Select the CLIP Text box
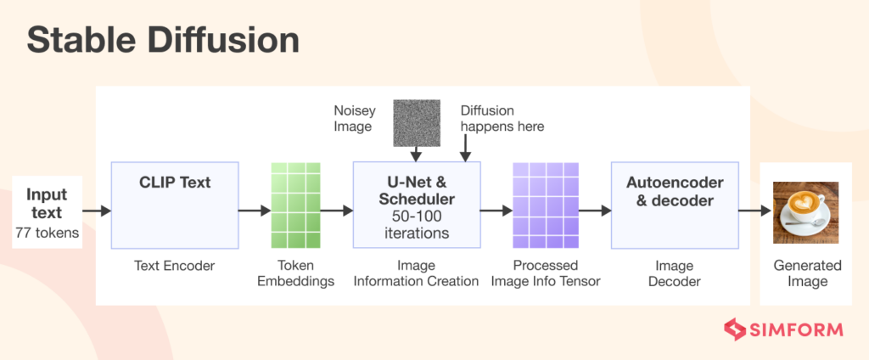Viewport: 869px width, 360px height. (x=175, y=205)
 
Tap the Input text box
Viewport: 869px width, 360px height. (x=47, y=212)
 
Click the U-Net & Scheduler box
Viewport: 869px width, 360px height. (x=416, y=205)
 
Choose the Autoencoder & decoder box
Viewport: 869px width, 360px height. (x=674, y=205)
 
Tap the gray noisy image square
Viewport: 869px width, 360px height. (x=416, y=122)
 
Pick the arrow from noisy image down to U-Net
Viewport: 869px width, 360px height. (x=416, y=153)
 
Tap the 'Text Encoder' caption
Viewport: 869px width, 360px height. (x=175, y=266)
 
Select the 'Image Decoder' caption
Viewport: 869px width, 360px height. (x=674, y=273)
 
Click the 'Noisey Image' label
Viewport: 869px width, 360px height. (x=353, y=119)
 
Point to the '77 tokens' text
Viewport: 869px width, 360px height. (x=47, y=232)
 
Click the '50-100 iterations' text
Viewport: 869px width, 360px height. (x=416, y=224)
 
